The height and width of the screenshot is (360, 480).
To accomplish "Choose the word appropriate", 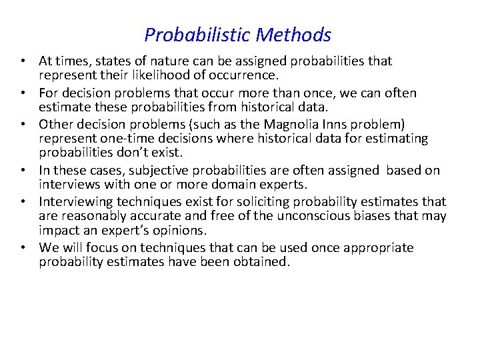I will [379, 248].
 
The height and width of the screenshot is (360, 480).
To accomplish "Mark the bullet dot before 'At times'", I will [23, 62].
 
